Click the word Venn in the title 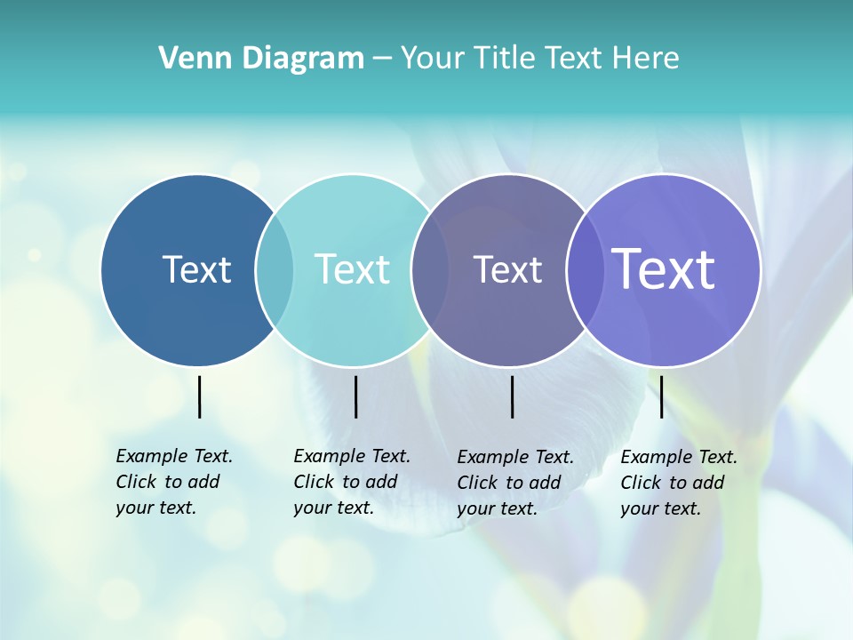click(x=190, y=59)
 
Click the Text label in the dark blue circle click(x=196, y=269)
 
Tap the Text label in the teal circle click(x=353, y=269)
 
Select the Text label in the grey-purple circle click(x=507, y=269)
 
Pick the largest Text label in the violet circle click(x=664, y=269)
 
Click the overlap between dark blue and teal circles click(x=275, y=270)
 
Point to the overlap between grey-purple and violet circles click(x=585, y=270)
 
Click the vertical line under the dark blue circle click(x=199, y=396)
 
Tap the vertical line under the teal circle click(x=355, y=396)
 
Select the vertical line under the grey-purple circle click(x=513, y=396)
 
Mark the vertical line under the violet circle click(x=661, y=396)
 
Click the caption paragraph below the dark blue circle click(x=174, y=482)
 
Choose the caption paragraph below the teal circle click(x=352, y=482)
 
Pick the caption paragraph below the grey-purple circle click(x=515, y=483)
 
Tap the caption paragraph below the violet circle click(x=679, y=483)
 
